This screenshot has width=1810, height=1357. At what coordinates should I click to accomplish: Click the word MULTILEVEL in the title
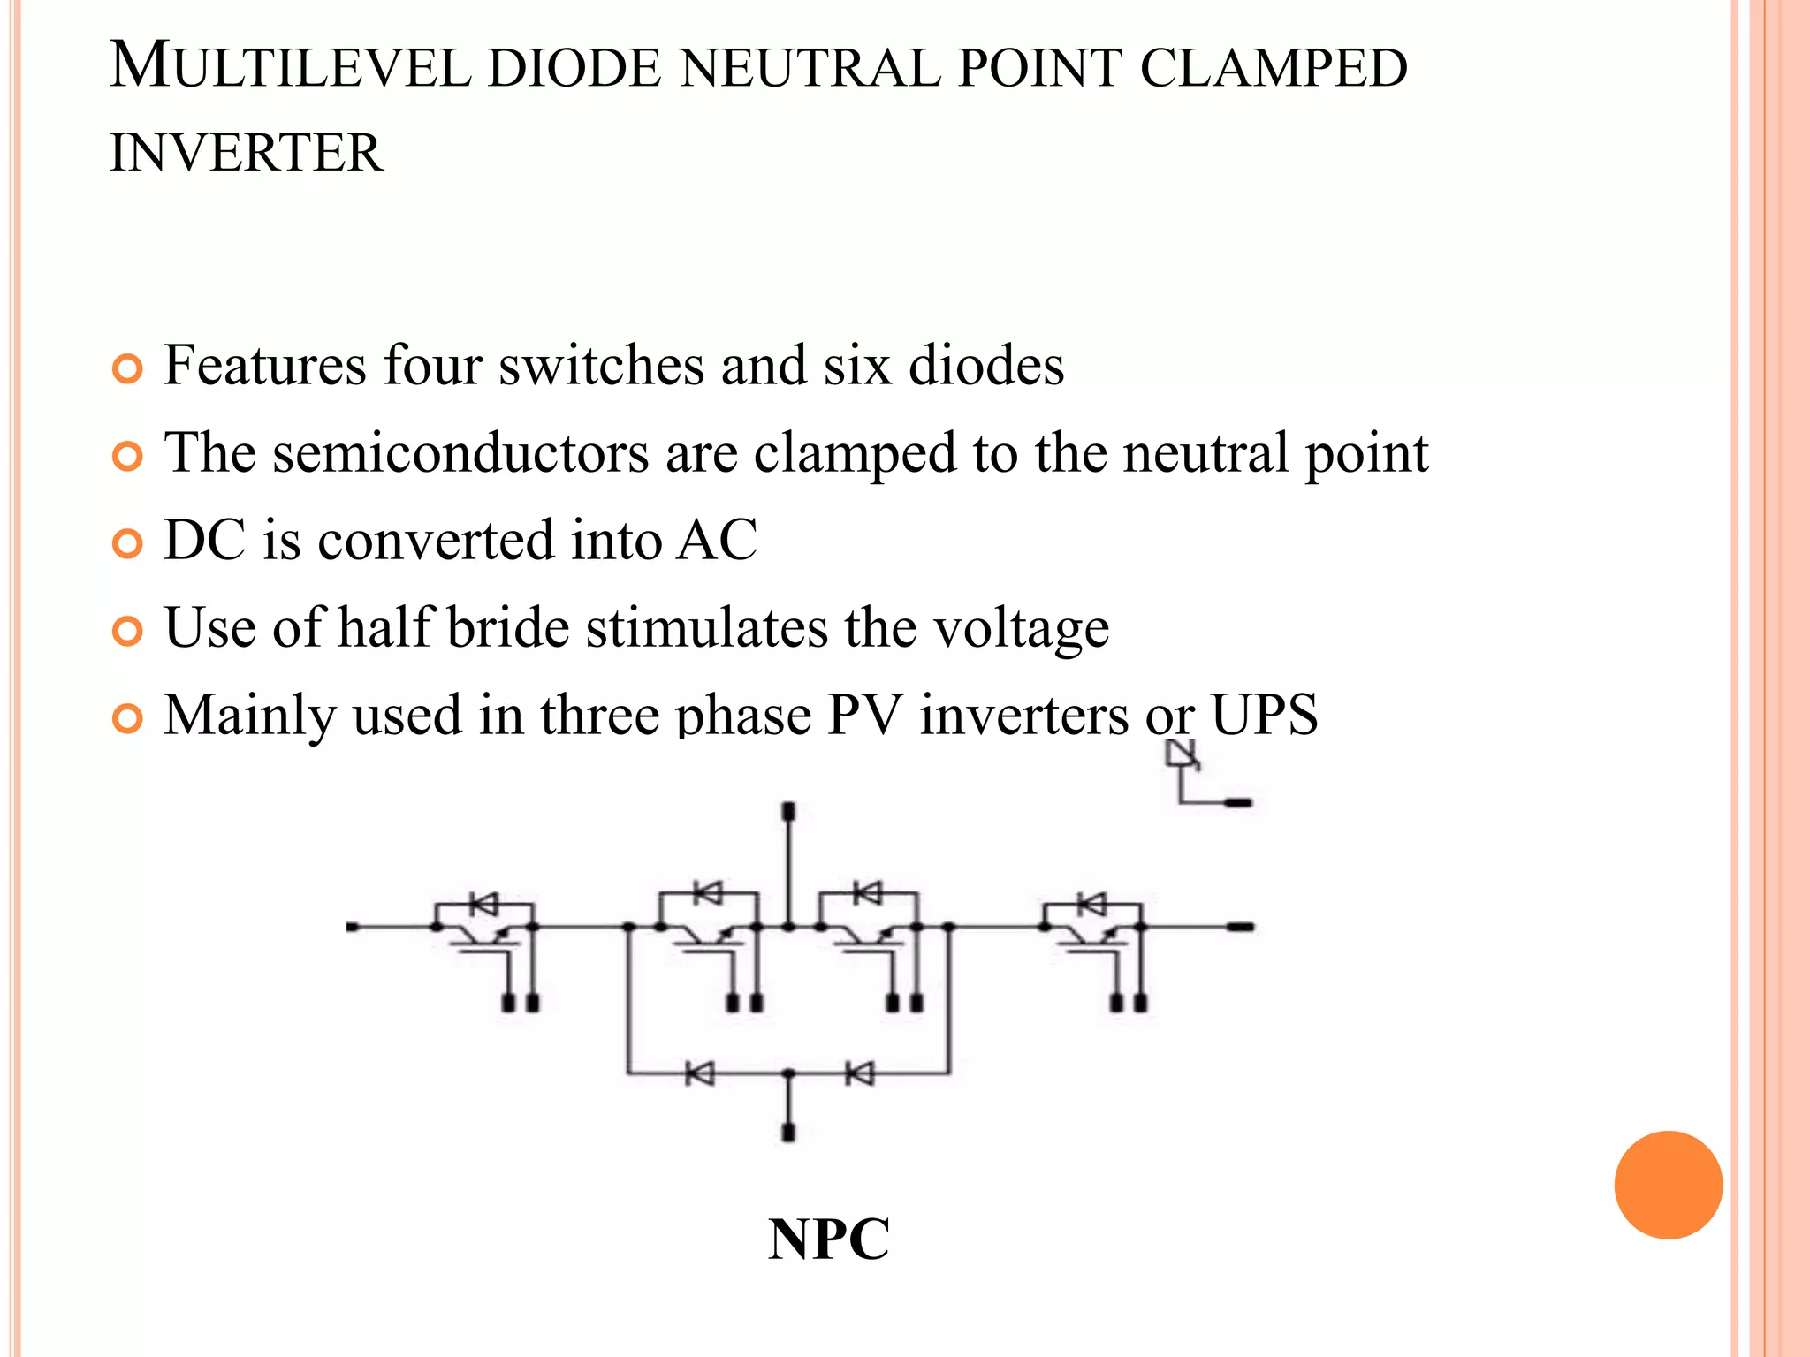[291, 67]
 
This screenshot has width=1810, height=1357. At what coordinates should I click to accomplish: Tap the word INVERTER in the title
[247, 153]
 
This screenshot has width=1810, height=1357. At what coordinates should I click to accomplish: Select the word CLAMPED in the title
[1273, 67]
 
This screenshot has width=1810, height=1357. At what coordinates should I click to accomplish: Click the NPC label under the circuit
[828, 1239]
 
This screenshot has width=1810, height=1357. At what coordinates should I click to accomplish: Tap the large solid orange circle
[1668, 1185]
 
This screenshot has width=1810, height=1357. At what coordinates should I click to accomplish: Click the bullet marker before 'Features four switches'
[128, 368]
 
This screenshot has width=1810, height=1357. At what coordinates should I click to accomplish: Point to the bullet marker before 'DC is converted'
[128, 543]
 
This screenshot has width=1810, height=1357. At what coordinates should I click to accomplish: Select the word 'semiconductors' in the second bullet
[460, 453]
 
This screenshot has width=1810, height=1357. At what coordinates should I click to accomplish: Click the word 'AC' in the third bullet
[717, 540]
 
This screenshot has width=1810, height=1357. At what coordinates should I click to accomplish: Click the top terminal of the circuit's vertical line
[789, 811]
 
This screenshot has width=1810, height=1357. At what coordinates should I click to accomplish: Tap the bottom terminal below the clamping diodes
[789, 1132]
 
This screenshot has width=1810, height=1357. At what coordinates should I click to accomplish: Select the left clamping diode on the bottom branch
[700, 1074]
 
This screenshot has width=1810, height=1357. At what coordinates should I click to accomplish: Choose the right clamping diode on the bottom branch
[859, 1074]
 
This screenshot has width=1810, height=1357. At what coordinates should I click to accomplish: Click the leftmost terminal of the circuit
[353, 927]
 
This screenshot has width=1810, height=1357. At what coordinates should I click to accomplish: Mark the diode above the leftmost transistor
[483, 904]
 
